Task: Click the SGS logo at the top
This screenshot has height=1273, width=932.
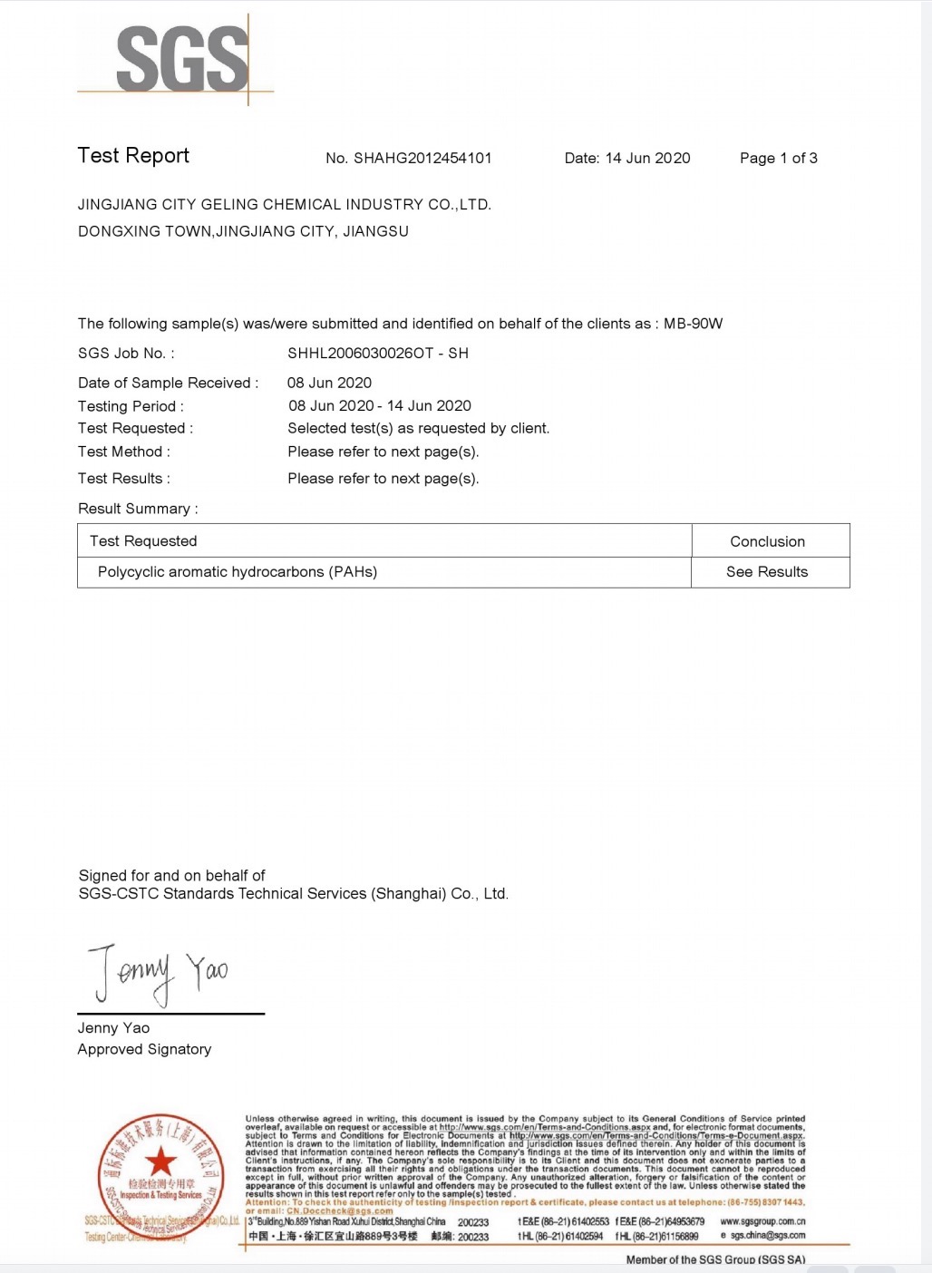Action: [181, 59]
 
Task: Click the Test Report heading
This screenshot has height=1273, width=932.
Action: [133, 156]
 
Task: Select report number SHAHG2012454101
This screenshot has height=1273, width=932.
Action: [422, 159]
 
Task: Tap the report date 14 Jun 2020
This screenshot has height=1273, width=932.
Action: [647, 159]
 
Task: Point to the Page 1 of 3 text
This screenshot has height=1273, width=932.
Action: [778, 159]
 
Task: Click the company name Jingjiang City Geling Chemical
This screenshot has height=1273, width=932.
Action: [284, 205]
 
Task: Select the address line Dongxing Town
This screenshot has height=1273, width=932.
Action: [243, 232]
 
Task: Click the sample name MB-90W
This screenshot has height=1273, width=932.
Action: [693, 324]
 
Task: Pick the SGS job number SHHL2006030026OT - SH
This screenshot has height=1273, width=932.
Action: [378, 354]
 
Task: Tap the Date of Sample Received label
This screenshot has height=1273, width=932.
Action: [168, 384]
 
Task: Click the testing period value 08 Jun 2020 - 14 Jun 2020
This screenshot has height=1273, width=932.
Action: [380, 406]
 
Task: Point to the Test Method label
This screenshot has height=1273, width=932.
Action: [123, 452]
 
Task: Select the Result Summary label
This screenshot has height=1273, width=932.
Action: [138, 509]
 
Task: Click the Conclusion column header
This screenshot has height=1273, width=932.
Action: [767, 541]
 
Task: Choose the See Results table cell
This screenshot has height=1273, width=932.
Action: [766, 572]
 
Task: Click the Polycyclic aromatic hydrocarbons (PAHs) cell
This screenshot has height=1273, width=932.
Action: [238, 572]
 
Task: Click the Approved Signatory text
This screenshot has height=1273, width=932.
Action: [144, 1049]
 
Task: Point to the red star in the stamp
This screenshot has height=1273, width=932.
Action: [160, 1160]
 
